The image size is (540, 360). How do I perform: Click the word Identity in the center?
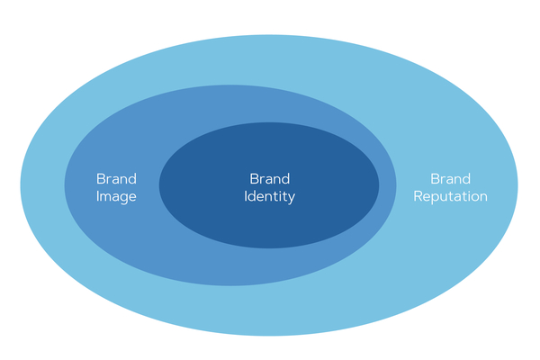click(269, 196)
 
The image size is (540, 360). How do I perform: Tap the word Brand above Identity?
click(269, 178)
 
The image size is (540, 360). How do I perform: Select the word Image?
click(116, 196)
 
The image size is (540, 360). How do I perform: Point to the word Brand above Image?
click(116, 178)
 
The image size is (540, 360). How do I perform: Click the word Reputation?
click(450, 196)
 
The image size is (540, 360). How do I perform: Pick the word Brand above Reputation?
click(450, 178)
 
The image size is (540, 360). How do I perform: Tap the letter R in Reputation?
click(418, 195)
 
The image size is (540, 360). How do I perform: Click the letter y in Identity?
click(291, 198)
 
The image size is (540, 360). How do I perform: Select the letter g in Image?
click(124, 199)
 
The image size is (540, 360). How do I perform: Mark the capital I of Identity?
click(246, 195)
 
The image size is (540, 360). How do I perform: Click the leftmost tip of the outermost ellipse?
click(21, 185)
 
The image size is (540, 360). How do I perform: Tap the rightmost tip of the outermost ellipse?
click(517, 185)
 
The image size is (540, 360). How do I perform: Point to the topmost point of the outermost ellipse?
click(269, 34)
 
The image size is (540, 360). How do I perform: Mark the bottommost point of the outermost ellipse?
click(269, 336)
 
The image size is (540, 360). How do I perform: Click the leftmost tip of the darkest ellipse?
click(160, 185)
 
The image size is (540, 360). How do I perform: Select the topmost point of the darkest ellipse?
click(269, 123)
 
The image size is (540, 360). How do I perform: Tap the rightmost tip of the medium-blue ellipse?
click(395, 185)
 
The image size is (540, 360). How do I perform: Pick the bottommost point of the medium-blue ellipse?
click(230, 285)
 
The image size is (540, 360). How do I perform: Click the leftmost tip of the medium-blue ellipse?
click(65, 185)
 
